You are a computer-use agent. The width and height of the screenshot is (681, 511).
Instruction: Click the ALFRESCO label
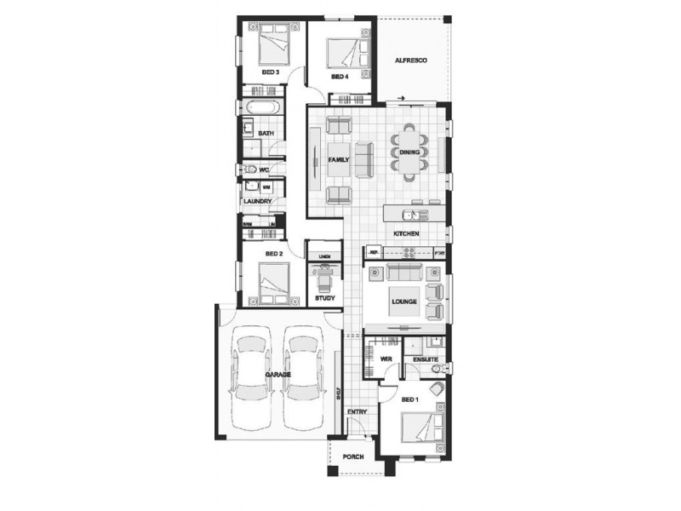pyautogui.click(x=410, y=61)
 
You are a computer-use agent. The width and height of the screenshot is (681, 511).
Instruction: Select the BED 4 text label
pyautogui.click(x=340, y=78)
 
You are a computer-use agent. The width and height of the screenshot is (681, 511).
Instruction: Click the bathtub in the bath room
pyautogui.click(x=259, y=108)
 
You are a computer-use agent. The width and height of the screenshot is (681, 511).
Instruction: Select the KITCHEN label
pyautogui.click(x=405, y=233)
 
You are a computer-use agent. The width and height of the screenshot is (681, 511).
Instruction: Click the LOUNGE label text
pyautogui.click(x=403, y=302)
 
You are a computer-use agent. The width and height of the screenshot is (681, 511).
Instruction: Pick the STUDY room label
pyautogui.click(x=324, y=299)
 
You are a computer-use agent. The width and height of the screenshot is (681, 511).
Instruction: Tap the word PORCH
pyautogui.click(x=352, y=457)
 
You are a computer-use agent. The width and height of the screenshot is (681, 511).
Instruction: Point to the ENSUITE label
pyautogui.click(x=425, y=360)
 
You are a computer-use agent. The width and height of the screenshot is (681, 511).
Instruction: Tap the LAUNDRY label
pyautogui.click(x=257, y=201)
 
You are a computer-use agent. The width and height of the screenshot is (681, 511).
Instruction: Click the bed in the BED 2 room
pyautogui.click(x=272, y=280)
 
